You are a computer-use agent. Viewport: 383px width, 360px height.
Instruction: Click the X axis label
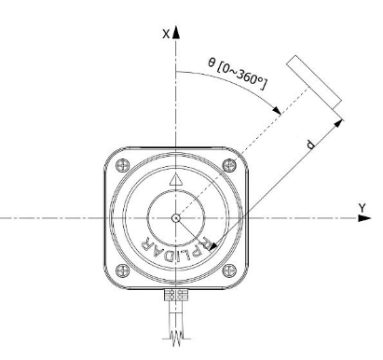click(x=166, y=34)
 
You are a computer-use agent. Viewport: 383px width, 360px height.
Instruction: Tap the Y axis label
click(x=362, y=207)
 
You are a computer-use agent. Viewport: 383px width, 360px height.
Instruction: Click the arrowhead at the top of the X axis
click(x=176, y=32)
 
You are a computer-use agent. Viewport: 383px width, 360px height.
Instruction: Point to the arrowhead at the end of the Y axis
click(x=364, y=218)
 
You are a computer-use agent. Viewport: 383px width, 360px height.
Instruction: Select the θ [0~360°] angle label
click(x=237, y=74)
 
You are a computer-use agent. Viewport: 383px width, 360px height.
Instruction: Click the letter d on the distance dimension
click(x=310, y=145)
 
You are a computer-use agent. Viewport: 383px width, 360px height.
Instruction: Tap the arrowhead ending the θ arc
click(x=277, y=110)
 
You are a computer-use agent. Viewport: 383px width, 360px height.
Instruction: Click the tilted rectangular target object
click(x=314, y=82)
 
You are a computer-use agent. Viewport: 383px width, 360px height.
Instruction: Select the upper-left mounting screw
click(x=122, y=165)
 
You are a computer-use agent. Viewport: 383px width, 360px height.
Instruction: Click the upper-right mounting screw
click(x=229, y=165)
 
